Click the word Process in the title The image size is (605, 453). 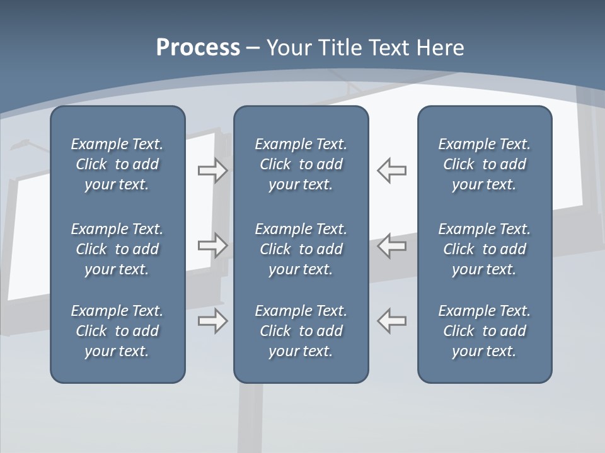tap(198, 48)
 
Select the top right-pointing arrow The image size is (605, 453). tap(213, 171)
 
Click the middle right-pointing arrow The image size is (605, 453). tap(213, 245)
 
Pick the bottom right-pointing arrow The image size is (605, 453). tap(213, 322)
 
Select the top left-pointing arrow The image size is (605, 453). tap(392, 171)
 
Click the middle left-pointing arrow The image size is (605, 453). tap(392, 245)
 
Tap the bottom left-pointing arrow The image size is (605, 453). tap(392, 320)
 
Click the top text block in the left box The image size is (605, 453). tap(117, 164)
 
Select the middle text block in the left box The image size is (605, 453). tap(117, 249)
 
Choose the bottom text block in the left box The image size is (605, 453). tap(117, 331)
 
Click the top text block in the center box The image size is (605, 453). tap(301, 164)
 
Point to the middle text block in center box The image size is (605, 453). tap(301, 249)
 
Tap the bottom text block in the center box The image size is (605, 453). tap(301, 331)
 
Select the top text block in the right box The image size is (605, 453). tap(484, 164)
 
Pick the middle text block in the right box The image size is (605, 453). tap(484, 249)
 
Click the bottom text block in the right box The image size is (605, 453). tap(484, 331)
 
